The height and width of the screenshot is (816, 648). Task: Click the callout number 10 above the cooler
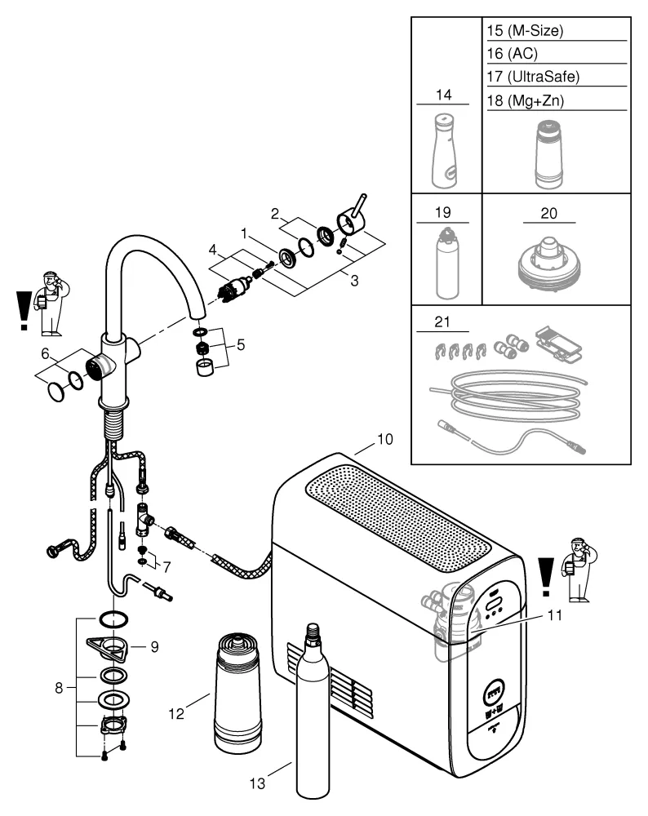pos(384,439)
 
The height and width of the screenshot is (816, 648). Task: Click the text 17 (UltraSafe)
pos(532,77)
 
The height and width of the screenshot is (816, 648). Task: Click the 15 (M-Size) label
pos(525,32)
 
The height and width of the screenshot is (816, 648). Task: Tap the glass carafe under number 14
pos(444,151)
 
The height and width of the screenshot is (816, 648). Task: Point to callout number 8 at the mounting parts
pos(59,687)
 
